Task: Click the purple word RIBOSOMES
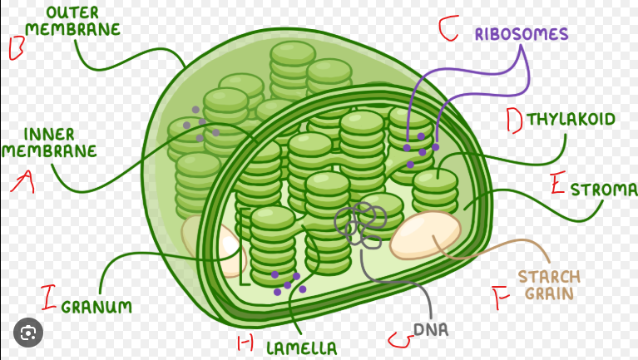tap(522, 34)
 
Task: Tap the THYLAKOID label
tap(571, 119)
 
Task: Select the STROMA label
tap(604, 190)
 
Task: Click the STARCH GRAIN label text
tap(549, 284)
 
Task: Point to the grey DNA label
tap(431, 329)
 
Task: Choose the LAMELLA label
tap(301, 348)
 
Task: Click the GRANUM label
tap(96, 306)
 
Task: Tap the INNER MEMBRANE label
tap(49, 142)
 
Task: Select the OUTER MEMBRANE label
tap(73, 21)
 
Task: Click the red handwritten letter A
tap(23, 182)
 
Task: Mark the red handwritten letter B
tap(17, 48)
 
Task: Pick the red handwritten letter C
tap(448, 28)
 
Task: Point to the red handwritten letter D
tap(515, 121)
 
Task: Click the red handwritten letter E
tap(558, 183)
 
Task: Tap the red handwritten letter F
tap(500, 298)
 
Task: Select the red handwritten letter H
tap(245, 343)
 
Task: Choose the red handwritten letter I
tap(48, 298)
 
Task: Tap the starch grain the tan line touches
tap(425, 234)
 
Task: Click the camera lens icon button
tap(28, 333)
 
